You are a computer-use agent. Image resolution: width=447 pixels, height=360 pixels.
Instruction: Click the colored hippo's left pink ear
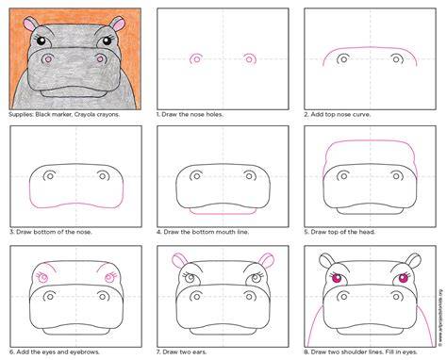tap(30, 24)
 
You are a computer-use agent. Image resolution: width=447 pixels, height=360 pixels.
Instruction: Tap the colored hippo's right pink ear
tap(118, 24)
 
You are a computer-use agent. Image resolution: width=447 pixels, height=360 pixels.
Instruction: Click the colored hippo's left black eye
tap(41, 41)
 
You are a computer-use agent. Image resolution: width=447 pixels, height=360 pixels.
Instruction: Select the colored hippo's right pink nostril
tap(100, 58)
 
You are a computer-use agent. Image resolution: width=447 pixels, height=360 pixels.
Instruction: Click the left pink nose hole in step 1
tap(195, 58)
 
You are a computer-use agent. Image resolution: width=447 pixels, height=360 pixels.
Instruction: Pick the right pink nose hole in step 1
tap(249, 58)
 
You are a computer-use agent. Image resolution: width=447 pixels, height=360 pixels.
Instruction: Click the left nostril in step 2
tap(343, 58)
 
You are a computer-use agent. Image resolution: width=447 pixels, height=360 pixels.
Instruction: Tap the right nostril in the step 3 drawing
tap(103, 176)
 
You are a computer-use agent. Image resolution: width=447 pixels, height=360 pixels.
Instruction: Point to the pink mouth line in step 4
tap(223, 213)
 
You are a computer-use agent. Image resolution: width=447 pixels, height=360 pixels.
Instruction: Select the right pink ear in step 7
tap(266, 260)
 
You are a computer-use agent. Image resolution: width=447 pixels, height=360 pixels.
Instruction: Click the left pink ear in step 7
tap(180, 260)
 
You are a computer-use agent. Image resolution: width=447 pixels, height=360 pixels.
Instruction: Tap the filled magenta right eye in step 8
tap(403, 278)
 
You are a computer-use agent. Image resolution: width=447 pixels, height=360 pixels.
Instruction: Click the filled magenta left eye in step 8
tap(337, 278)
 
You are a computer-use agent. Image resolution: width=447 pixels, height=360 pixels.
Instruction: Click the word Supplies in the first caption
tap(21, 115)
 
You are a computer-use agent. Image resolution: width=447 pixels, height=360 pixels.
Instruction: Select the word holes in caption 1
tap(214, 115)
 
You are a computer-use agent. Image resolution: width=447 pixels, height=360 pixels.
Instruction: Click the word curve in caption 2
tap(361, 115)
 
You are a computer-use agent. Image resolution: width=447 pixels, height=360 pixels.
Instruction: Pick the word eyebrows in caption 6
tap(86, 352)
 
